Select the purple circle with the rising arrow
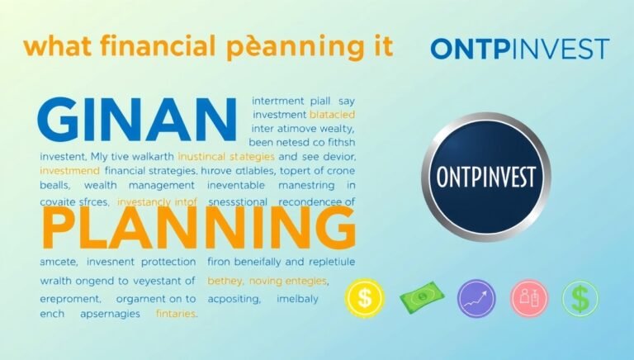pos(475,298)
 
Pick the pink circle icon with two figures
pos(528,298)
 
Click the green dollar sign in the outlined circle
pos(581,298)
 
